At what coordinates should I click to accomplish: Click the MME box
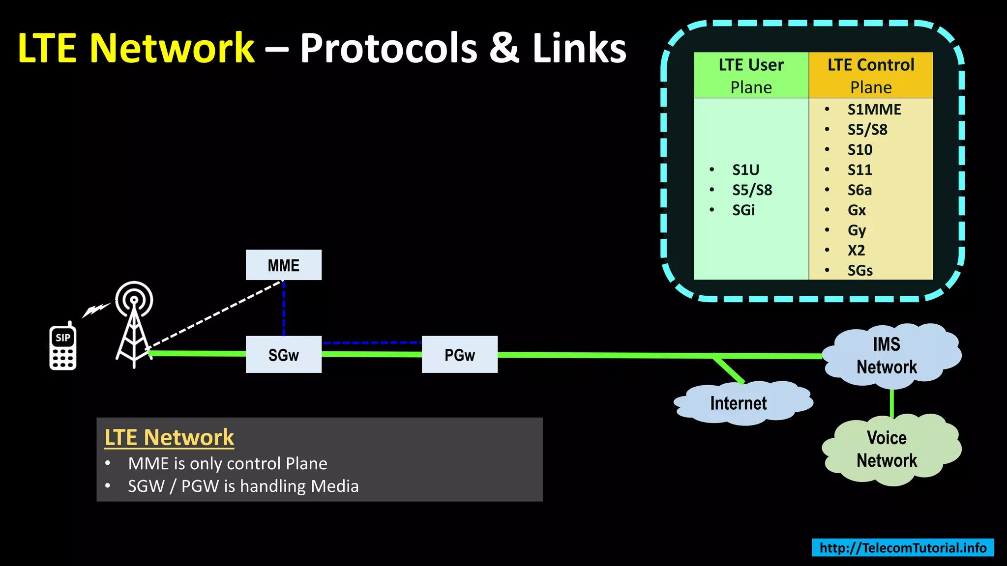pos(284,265)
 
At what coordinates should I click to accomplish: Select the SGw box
pos(284,355)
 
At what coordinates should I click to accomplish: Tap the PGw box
pos(460,355)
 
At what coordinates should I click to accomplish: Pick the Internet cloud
pos(739,403)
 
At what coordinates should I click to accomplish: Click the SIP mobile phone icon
pos(63,347)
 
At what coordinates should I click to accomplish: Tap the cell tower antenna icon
pos(134,324)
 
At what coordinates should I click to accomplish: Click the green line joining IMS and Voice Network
pos(891,403)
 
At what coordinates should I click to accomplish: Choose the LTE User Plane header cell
pos(751,75)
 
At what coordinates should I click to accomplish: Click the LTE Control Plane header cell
pos(871,75)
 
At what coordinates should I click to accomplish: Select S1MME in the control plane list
pos(874,110)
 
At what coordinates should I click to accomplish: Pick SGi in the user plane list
pos(743,210)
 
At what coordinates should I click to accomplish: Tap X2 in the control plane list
pos(856,251)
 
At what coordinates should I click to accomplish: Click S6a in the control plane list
pos(859,190)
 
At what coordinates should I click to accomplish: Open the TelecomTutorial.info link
pos(903,548)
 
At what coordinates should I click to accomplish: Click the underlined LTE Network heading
pos(169,437)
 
